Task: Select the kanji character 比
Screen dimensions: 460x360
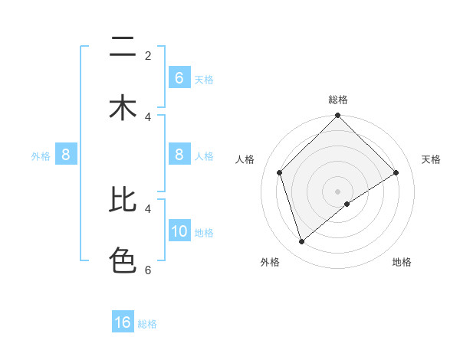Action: (123, 199)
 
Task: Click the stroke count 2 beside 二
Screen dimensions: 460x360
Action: (148, 55)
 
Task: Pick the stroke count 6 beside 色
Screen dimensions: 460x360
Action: (148, 270)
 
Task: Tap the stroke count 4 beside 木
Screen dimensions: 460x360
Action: (148, 116)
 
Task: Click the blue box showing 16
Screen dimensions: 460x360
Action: (123, 322)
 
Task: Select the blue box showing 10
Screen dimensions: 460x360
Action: (179, 231)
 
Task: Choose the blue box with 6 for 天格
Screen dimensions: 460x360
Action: (179, 78)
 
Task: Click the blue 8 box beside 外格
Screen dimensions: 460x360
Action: (66, 155)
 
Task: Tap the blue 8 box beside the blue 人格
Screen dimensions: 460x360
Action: (179, 155)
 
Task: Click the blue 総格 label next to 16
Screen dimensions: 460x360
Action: (147, 324)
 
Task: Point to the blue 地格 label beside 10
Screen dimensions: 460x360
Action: (204, 233)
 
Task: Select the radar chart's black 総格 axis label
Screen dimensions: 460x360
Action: (338, 100)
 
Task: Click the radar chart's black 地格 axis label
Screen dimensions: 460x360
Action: (402, 262)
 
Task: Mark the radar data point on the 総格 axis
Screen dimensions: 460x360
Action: (338, 116)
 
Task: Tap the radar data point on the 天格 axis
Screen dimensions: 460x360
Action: (396, 172)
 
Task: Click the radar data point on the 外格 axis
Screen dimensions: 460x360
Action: (302, 241)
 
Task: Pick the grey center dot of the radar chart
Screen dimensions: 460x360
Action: (338, 191)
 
